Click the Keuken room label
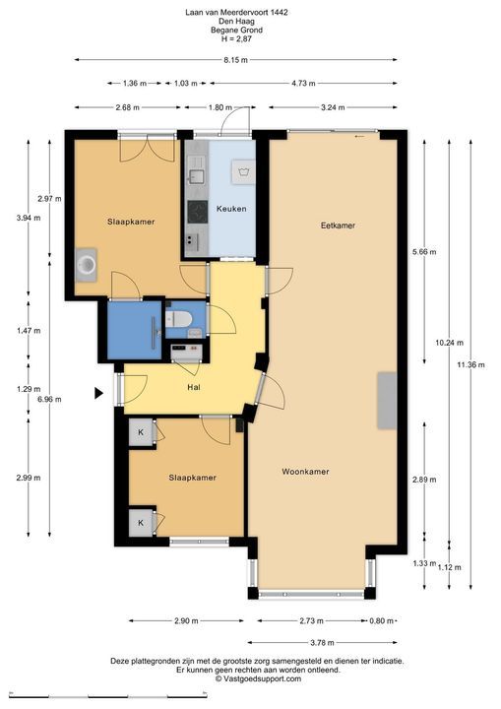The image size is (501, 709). tap(231, 209)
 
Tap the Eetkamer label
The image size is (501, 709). tap(338, 226)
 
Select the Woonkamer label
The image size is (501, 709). tap(305, 471)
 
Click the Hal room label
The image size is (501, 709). tap(194, 387)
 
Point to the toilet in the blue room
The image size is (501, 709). tap(179, 319)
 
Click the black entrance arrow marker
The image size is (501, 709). tap(98, 393)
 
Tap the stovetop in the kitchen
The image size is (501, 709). tap(198, 212)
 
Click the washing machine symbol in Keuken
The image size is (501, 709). tap(243, 171)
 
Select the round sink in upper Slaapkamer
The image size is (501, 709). tap(86, 265)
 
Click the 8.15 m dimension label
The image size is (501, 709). tap(235, 60)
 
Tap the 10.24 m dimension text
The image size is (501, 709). tap(450, 343)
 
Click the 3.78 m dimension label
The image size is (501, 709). tap(323, 642)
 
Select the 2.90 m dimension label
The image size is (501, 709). tap(186, 620)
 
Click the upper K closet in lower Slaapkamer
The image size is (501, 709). tap(141, 432)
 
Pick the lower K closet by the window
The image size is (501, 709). tap(141, 523)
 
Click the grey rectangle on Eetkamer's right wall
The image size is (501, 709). tap(387, 401)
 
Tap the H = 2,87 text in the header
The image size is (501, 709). tap(236, 38)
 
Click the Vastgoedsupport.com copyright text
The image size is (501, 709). tap(258, 678)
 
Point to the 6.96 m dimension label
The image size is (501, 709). tap(50, 399)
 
